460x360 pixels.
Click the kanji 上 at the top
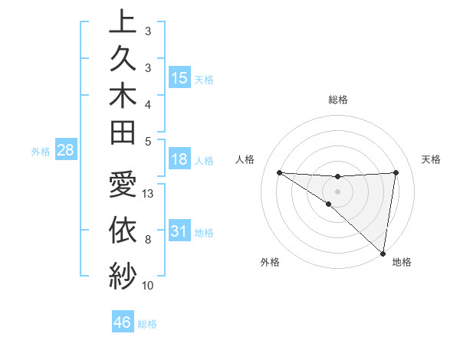click(122, 21)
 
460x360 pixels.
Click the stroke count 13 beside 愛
click(149, 194)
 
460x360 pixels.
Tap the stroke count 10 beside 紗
click(149, 286)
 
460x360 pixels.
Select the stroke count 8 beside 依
click(148, 240)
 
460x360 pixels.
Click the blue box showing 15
click(179, 78)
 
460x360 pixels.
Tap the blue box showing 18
click(179, 160)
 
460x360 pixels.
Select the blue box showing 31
click(179, 231)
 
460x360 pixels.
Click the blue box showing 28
click(65, 151)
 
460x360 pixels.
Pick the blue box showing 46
click(123, 322)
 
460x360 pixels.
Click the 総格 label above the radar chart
click(337, 100)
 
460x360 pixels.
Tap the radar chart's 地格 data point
click(383, 254)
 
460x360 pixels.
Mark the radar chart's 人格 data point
click(279, 172)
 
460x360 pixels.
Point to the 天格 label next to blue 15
click(204, 79)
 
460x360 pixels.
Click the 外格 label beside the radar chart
click(269, 263)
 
